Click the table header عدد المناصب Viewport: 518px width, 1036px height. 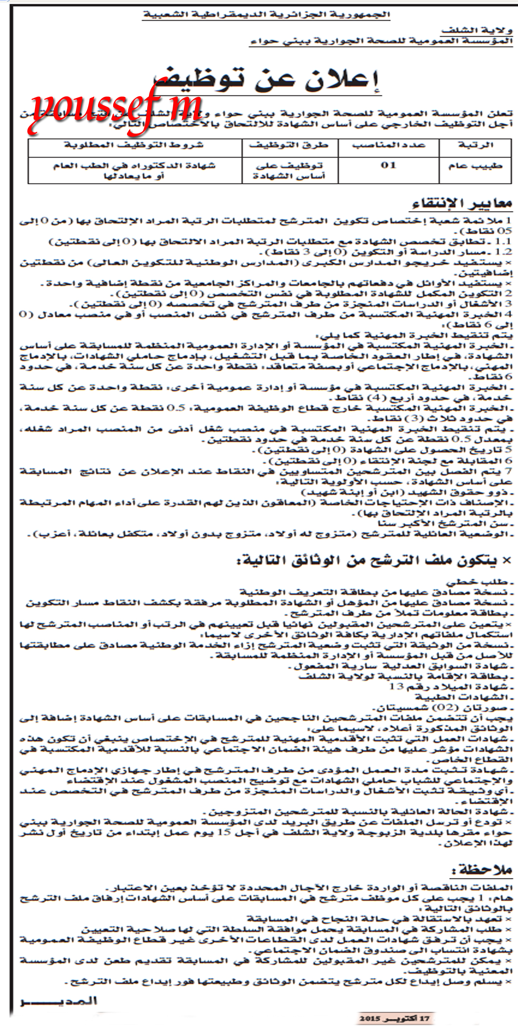388,145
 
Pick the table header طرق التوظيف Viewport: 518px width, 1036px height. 289,145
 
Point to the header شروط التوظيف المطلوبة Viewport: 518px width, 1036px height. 134,145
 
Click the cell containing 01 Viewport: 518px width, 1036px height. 388,165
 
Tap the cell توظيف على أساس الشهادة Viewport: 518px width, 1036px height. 289,171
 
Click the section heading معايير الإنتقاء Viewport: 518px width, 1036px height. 462,203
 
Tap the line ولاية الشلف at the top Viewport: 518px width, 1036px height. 477,31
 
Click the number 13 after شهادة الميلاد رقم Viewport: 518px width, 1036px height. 396,687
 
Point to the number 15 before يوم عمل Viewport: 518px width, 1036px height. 224,833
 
